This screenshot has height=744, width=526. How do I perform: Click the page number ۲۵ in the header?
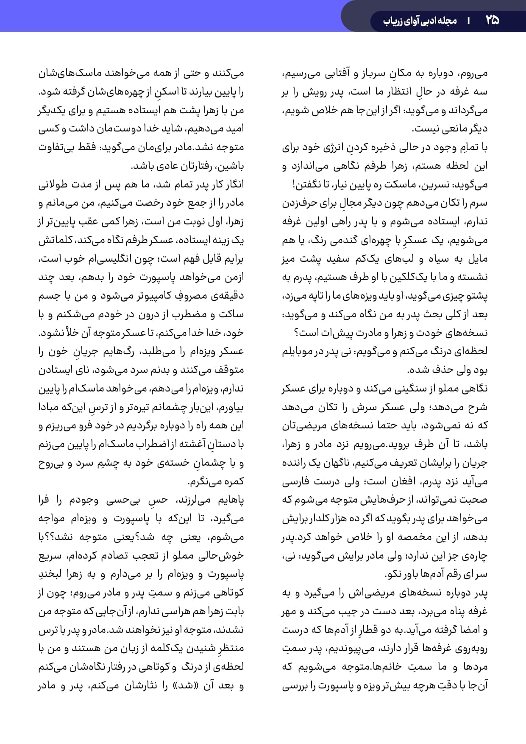point(492,20)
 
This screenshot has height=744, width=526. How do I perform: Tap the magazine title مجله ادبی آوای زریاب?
point(420,20)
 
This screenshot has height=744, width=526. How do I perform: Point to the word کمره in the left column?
point(234,481)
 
